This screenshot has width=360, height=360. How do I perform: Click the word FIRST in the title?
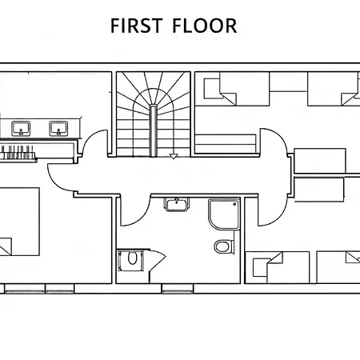point(136,26)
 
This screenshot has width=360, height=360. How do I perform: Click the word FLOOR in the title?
point(205,26)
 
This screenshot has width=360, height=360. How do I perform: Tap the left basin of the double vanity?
point(21,128)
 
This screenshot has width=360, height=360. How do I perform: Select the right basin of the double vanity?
point(58,128)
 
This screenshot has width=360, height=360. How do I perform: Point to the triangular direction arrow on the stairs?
point(174,157)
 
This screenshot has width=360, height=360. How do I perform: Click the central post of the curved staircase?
point(153,130)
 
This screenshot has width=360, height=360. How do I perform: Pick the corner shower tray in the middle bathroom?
point(224,214)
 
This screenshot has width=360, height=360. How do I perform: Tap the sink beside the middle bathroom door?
point(176,205)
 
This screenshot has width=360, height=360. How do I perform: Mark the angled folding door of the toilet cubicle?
point(158,262)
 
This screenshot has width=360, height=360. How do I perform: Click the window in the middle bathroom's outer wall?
point(178,289)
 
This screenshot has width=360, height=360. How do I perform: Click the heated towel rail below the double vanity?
point(18,153)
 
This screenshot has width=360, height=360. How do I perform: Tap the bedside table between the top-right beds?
point(289,82)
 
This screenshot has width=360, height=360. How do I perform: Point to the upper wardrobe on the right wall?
point(320,161)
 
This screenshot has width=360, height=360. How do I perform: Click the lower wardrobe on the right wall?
point(319,190)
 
